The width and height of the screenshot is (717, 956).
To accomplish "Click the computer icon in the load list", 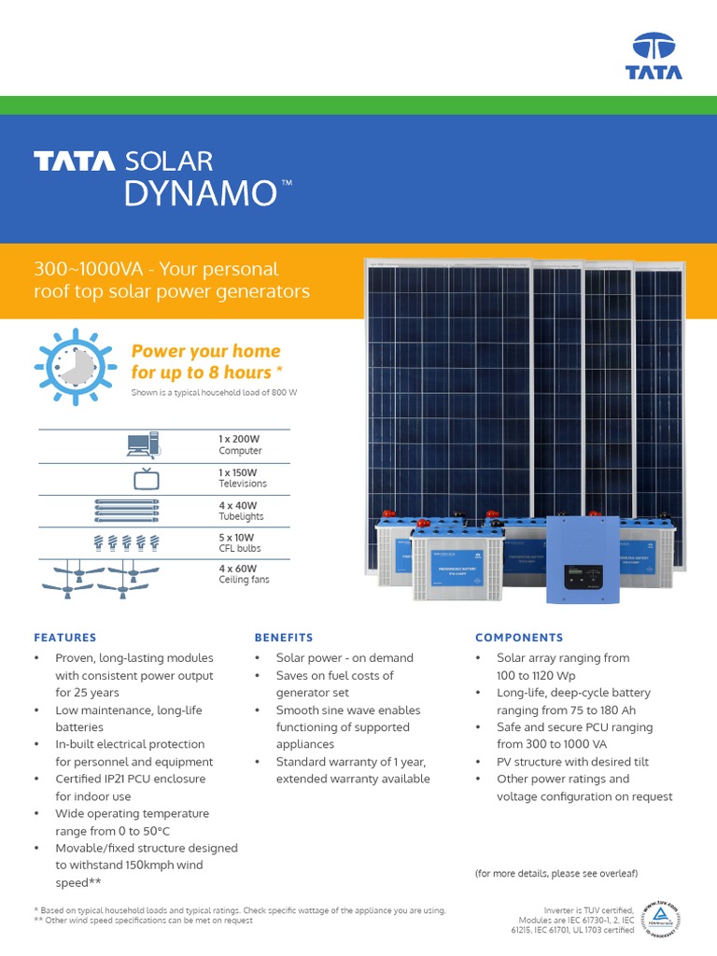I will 143,444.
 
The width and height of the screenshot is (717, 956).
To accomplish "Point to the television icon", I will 146,479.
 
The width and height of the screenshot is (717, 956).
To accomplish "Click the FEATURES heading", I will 65,638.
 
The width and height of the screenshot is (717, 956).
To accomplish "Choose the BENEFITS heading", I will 284,638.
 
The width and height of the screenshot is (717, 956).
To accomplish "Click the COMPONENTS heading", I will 518,638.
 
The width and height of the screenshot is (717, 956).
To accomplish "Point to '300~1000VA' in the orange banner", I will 91,270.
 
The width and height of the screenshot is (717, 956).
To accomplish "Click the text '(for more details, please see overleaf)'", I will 555,873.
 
